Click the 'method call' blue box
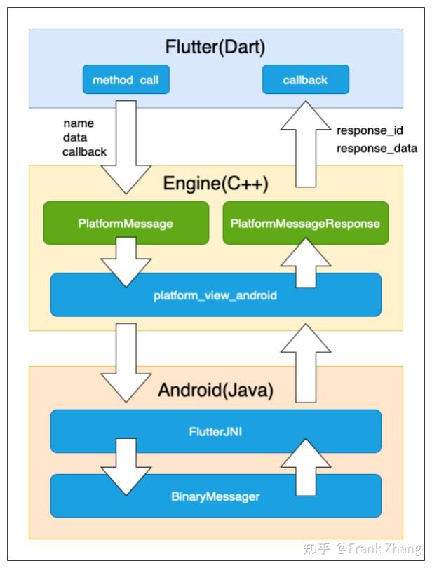[126, 80]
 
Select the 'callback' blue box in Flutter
[305, 80]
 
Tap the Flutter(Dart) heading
[215, 47]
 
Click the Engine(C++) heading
[215, 184]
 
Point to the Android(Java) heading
[215, 390]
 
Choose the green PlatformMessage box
[126, 224]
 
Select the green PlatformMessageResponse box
[305, 224]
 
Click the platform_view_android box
[215, 295]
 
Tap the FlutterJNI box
[215, 432]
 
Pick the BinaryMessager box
[215, 496]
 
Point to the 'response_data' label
[377, 148]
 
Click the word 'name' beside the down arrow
[78, 123]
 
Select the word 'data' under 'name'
[75, 137]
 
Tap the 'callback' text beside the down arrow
[85, 152]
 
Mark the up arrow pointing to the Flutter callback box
[305, 144]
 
